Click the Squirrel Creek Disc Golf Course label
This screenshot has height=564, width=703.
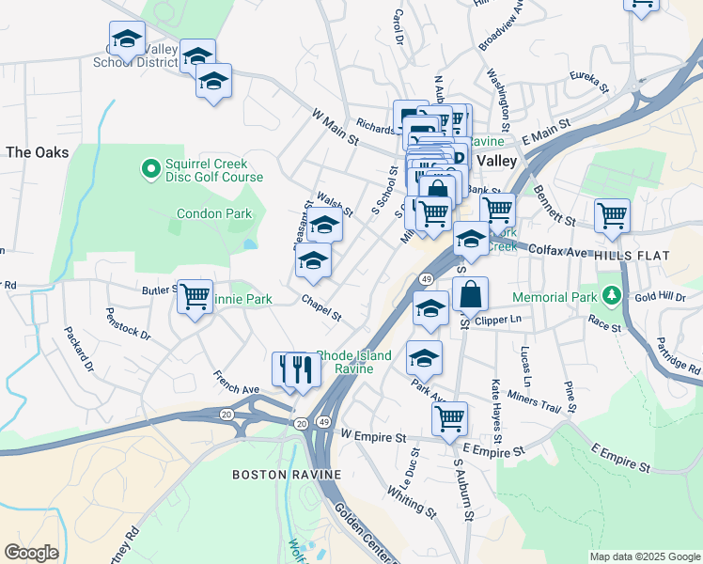pyautogui.click(x=214, y=169)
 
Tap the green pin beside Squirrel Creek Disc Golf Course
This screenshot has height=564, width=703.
pyautogui.click(x=149, y=169)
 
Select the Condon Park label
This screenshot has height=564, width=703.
pyautogui.click(x=214, y=213)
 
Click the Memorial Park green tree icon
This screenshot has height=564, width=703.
pyautogui.click(x=613, y=297)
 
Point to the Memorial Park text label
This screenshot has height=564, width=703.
pyautogui.click(x=555, y=297)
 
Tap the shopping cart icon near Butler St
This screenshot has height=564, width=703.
pyautogui.click(x=195, y=297)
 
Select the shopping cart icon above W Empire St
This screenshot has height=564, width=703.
pyautogui.click(x=450, y=415)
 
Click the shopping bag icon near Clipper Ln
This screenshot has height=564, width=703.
pyautogui.click(x=470, y=293)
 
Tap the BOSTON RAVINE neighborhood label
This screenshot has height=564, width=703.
pyautogui.click(x=287, y=475)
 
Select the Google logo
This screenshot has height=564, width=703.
pyautogui.click(x=31, y=553)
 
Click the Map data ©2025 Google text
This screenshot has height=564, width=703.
pyautogui.click(x=644, y=556)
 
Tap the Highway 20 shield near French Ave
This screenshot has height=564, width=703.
pyautogui.click(x=227, y=414)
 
